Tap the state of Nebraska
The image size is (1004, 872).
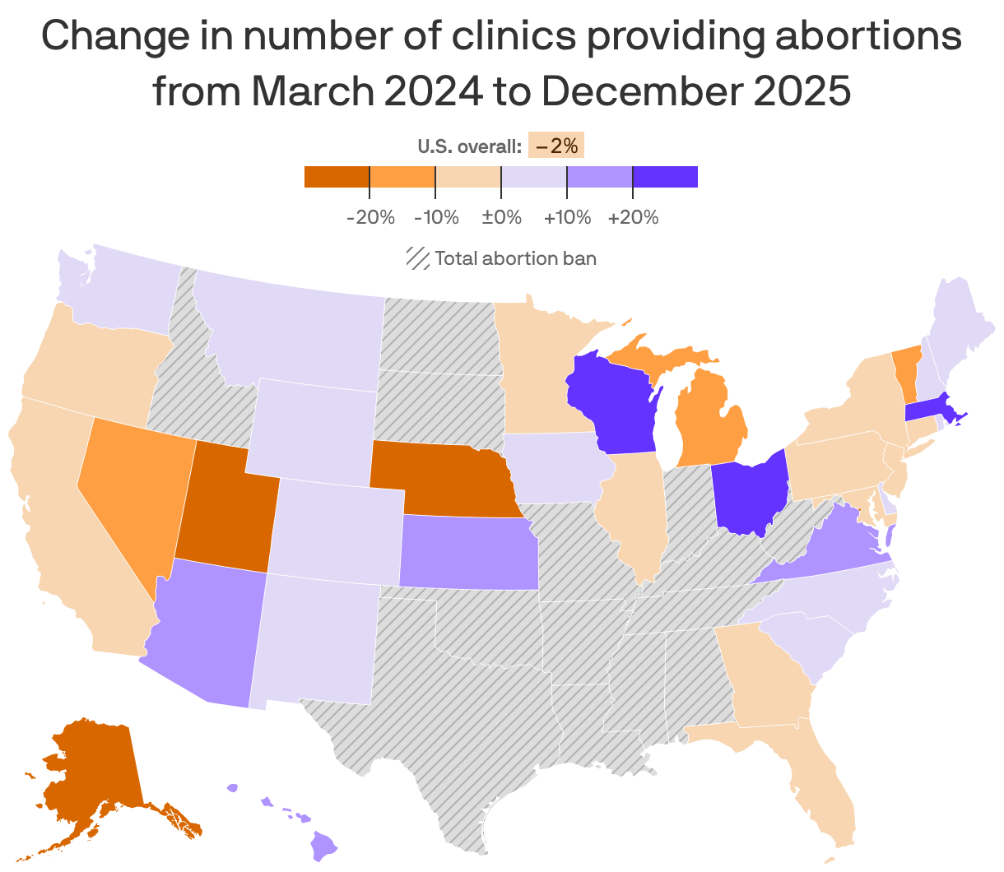(x=436, y=477)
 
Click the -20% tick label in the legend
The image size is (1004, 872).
(x=371, y=218)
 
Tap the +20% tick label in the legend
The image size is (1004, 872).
(x=633, y=218)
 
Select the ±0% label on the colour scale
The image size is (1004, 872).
(x=501, y=218)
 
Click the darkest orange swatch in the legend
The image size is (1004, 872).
(x=337, y=177)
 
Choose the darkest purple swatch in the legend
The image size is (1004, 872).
(x=665, y=177)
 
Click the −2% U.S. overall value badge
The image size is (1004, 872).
(x=556, y=146)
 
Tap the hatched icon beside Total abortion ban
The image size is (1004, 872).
(x=417, y=258)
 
